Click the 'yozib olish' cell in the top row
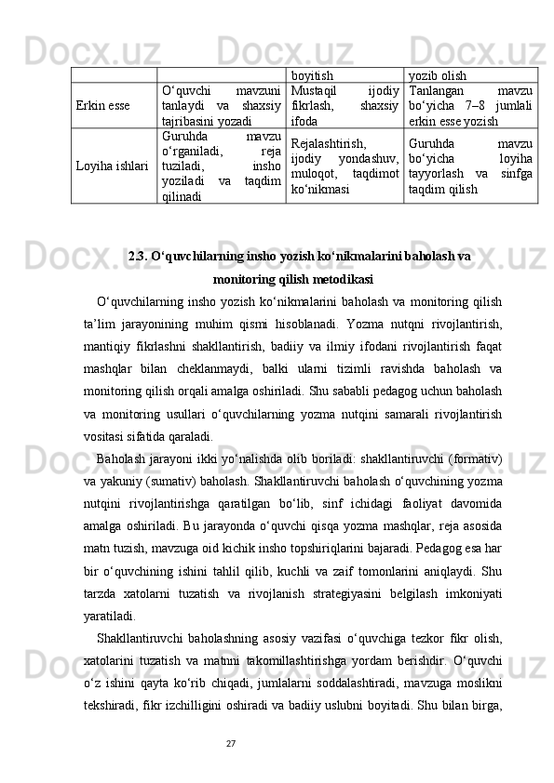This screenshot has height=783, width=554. pos(438,74)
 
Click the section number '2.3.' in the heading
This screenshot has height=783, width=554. pos(142,256)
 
